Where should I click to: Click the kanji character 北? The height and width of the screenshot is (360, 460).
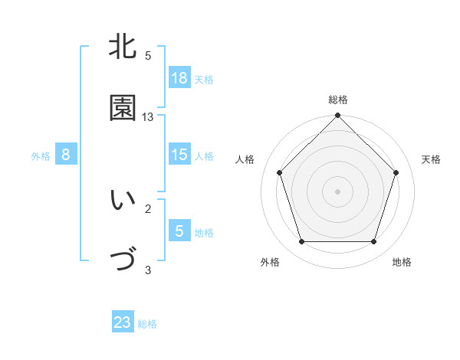tap(123, 47)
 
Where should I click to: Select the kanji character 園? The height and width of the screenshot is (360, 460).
tap(123, 109)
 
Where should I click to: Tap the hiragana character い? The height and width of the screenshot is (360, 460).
tap(123, 201)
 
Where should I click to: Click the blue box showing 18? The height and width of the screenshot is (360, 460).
tap(179, 77)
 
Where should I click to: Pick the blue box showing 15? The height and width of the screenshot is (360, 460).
tap(179, 155)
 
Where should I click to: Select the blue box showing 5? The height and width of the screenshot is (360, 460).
tap(179, 231)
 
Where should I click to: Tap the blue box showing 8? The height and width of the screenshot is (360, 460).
tap(66, 155)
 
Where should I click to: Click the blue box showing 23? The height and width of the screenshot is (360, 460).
tap(123, 322)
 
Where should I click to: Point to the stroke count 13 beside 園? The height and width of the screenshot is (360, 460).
tap(148, 117)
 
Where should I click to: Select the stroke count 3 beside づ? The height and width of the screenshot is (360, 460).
tap(148, 270)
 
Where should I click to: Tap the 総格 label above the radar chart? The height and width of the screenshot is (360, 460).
tap(338, 100)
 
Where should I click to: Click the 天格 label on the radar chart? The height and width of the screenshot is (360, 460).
tap(431, 159)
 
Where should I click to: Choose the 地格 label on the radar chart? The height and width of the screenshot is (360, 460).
tap(402, 262)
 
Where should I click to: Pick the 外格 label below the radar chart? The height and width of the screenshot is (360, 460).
tap(270, 262)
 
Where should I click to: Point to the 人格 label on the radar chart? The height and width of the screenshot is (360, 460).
tap(245, 159)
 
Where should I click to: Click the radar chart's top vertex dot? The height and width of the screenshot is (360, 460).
tap(338, 116)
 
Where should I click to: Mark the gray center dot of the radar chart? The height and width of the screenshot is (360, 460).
tap(338, 191)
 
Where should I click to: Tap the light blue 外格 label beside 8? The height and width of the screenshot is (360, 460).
tap(41, 155)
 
